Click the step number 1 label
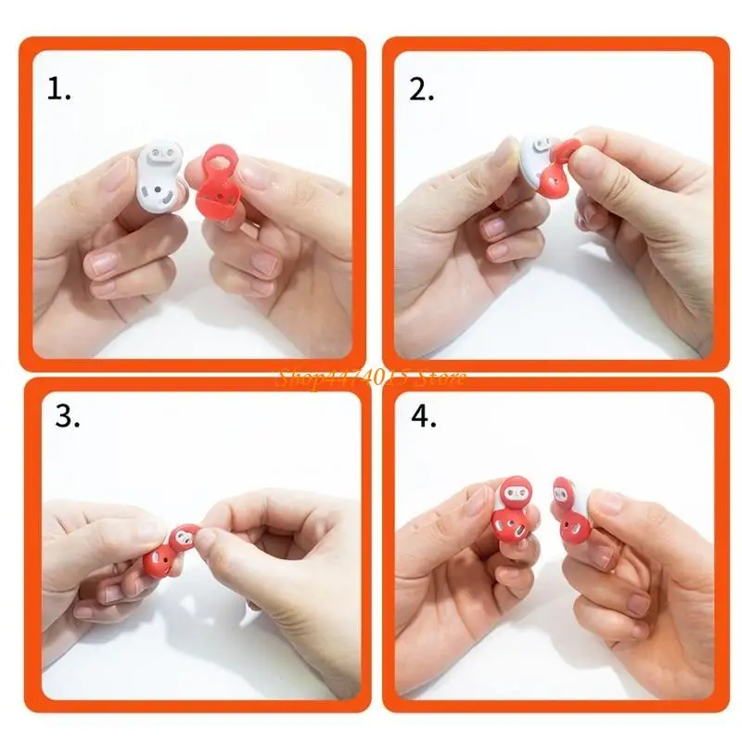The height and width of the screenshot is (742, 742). [x=58, y=89]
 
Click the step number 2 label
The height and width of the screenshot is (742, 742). [x=422, y=89]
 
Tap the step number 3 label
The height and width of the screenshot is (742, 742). [x=67, y=416]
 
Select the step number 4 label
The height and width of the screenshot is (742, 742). [x=424, y=416]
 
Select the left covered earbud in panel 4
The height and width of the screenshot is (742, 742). [x=513, y=515]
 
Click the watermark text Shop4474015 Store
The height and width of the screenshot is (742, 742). [x=370, y=377]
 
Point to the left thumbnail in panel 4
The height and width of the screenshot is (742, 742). [x=478, y=501]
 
